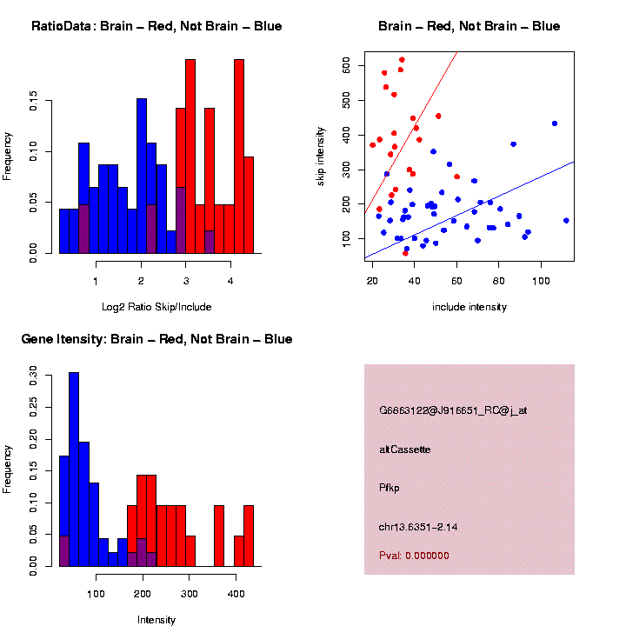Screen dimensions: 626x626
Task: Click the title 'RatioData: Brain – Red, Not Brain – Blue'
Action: [x=156, y=26]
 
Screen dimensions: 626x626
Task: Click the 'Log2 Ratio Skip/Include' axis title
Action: [x=156, y=307]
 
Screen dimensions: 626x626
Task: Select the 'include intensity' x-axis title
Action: [x=469, y=307]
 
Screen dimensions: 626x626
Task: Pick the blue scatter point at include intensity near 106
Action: [x=555, y=123]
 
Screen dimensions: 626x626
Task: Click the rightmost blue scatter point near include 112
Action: [x=566, y=221]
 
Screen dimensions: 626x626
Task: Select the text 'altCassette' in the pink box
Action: [x=405, y=450]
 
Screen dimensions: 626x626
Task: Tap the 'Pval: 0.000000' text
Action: [x=414, y=556]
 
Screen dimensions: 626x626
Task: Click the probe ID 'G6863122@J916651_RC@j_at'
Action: [x=453, y=410]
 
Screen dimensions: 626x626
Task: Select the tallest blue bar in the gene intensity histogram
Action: [x=74, y=469]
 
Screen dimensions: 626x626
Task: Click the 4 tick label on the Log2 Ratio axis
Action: [x=230, y=280]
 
